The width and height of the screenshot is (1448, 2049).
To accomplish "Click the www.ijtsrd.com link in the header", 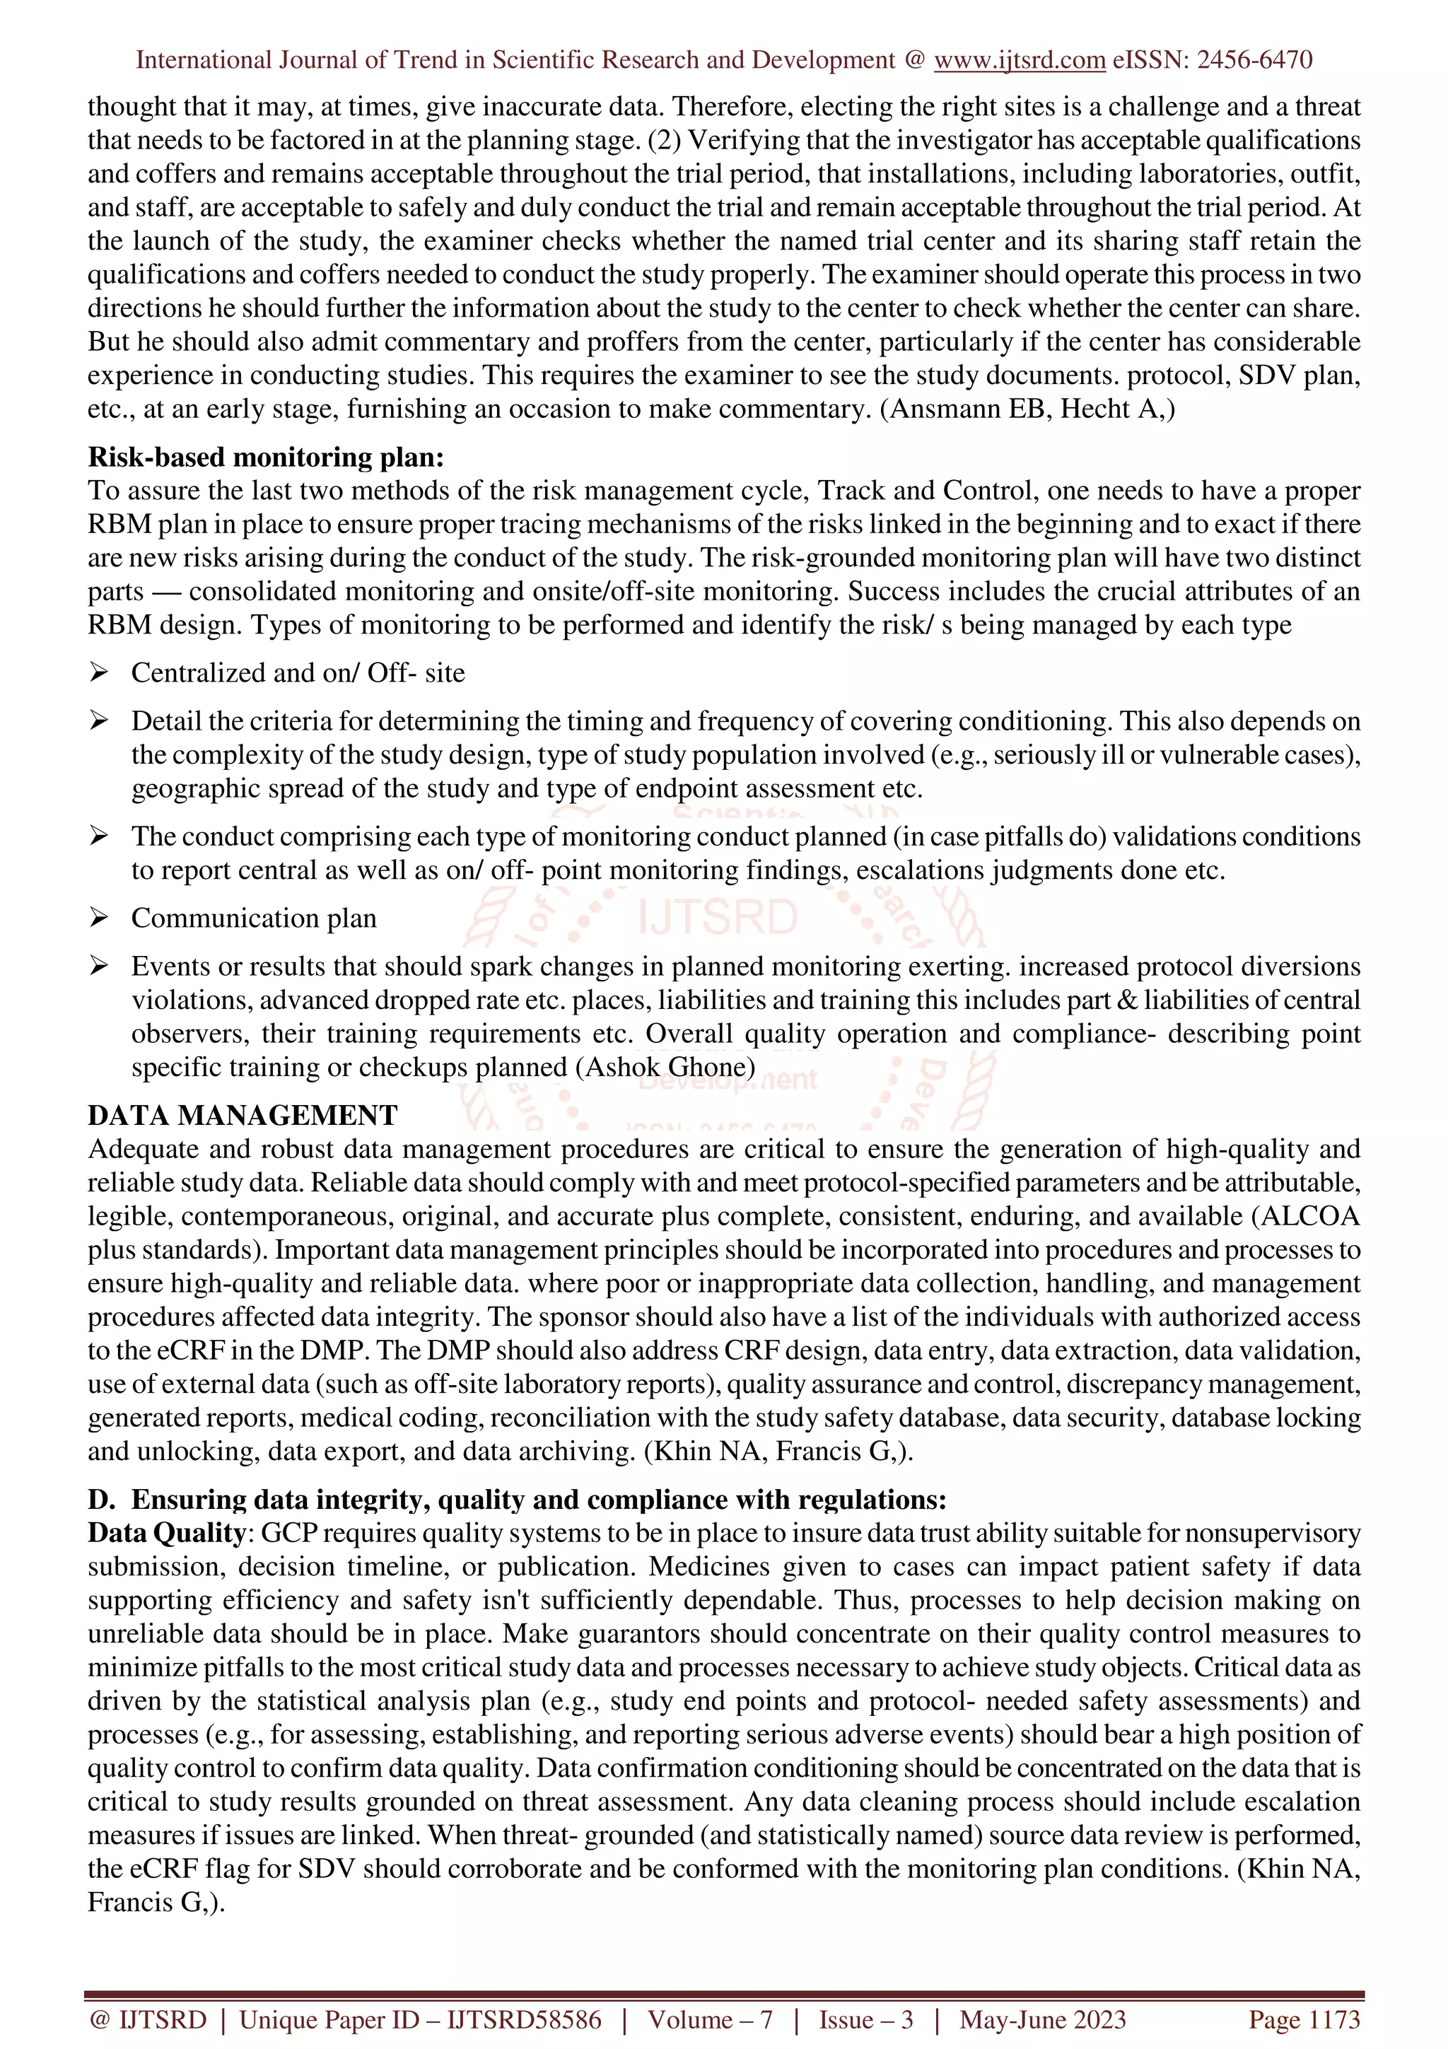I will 1019,60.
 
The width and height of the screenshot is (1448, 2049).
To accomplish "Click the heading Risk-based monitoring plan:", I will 265,457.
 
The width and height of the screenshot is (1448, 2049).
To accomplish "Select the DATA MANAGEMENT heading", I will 243,1116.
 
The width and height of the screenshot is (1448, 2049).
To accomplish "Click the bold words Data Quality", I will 167,1532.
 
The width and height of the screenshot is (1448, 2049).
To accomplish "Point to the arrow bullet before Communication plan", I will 98,918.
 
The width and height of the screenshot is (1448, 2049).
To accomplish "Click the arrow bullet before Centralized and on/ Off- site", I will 98,672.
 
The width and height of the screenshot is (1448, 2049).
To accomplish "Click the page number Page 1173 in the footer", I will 1304,2019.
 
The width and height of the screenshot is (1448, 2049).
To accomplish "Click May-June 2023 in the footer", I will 1042,2019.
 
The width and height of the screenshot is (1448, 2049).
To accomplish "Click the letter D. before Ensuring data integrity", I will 101,1499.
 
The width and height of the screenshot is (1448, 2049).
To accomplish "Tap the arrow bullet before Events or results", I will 98,966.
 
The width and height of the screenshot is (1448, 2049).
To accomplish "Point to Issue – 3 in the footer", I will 866,2019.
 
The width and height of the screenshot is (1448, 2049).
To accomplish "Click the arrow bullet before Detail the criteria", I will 98,720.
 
